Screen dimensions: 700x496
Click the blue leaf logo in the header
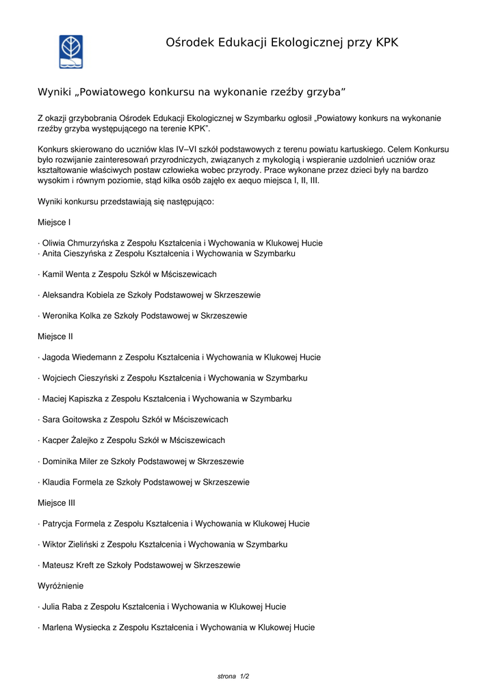click(x=70, y=52)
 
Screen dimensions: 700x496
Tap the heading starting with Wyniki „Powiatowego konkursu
click(x=191, y=92)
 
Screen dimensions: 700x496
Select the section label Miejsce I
click(x=54, y=222)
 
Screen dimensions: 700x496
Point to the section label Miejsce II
click(x=55, y=336)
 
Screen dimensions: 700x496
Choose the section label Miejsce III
click(x=57, y=503)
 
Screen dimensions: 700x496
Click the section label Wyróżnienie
click(x=61, y=586)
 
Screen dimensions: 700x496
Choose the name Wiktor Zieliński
click(x=70, y=544)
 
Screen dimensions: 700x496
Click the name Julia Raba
click(x=60, y=606)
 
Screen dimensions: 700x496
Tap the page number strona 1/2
click(x=233, y=676)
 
